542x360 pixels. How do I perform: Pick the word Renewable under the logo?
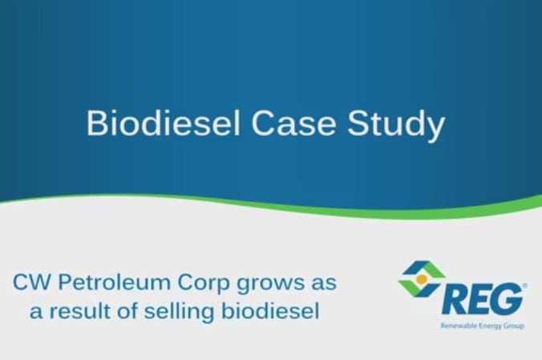click(x=459, y=327)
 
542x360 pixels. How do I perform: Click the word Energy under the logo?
click(x=492, y=327)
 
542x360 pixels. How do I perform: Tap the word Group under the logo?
click(x=516, y=327)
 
